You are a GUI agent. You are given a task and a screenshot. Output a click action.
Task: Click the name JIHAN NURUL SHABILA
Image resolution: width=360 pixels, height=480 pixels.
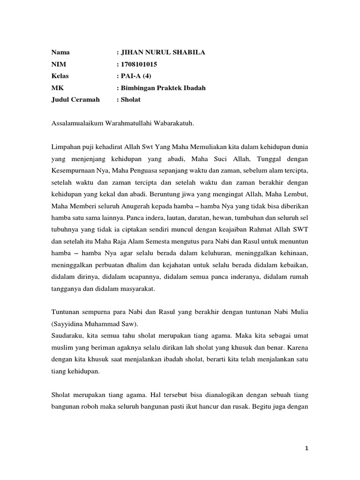click(x=163, y=52)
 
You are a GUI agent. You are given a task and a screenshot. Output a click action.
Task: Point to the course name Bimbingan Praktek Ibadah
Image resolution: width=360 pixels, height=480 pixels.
click(x=163, y=88)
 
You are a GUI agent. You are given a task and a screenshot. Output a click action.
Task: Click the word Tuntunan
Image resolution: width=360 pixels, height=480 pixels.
click(x=65, y=312)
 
